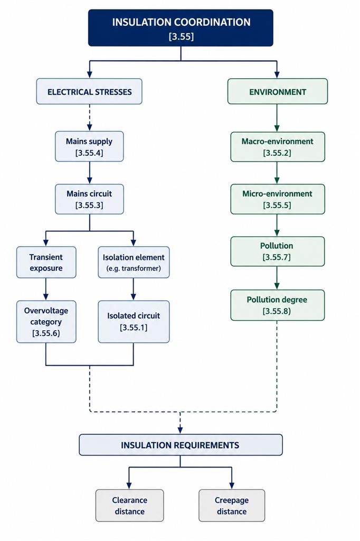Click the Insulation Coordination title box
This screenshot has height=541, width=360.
181,28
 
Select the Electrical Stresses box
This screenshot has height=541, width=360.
89,91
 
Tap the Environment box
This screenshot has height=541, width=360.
278,91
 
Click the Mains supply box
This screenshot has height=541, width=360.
89,146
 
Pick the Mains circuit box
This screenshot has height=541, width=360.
89,199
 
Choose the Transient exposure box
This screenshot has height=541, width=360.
46,262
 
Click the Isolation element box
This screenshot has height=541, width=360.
134,262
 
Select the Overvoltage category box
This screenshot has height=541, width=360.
46,322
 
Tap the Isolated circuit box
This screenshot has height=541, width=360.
134,322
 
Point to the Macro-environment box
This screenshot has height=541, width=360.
278,147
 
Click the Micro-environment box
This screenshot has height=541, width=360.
278,199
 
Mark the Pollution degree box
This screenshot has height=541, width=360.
278,305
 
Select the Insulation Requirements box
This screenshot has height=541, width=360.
181,445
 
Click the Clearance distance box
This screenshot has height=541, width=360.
130,506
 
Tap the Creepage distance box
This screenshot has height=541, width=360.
232,506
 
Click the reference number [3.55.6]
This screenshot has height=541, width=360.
46,333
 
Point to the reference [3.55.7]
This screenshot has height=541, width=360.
277,257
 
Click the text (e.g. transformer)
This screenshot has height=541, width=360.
134,268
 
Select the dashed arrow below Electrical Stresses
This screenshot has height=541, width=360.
89,118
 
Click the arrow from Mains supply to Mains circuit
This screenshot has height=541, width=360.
89,173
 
